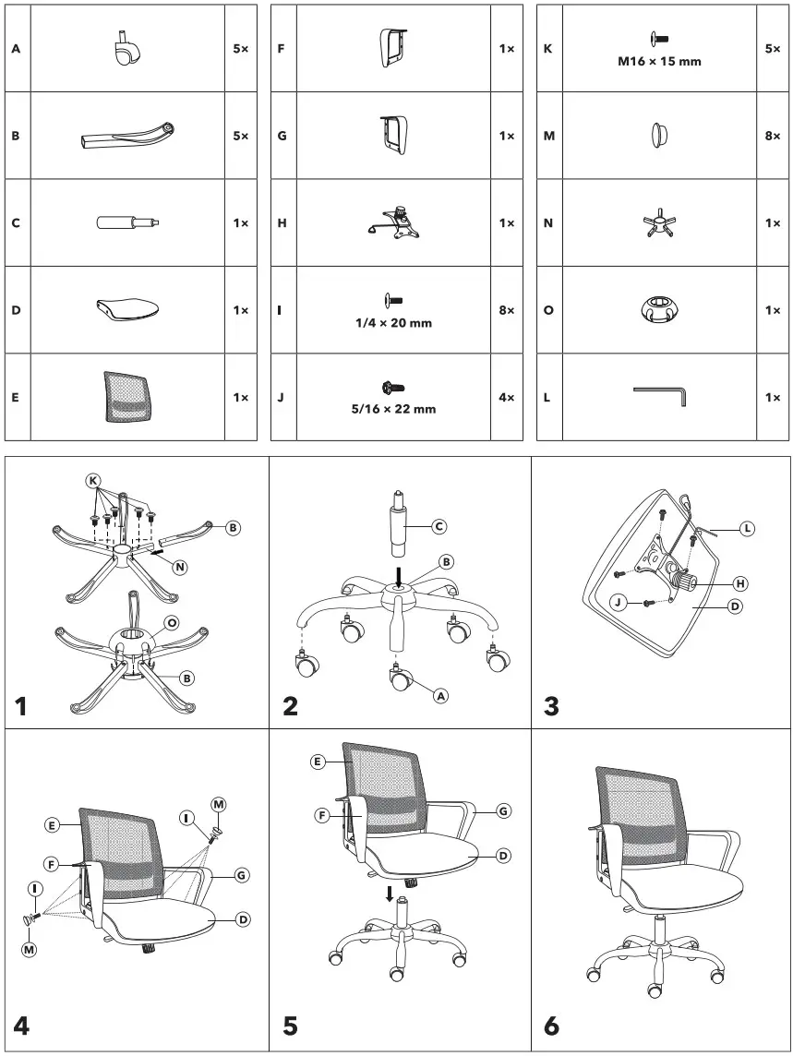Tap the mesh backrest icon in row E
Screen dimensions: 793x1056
pyautogui.click(x=127, y=397)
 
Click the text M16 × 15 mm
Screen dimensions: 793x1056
pyautogui.click(x=659, y=63)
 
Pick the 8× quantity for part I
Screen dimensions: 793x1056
pyautogui.click(x=506, y=310)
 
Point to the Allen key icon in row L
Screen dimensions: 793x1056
pyautogui.click(x=661, y=396)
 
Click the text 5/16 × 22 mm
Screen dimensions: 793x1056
pyautogui.click(x=394, y=409)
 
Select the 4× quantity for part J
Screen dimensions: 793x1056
pyautogui.click(x=506, y=398)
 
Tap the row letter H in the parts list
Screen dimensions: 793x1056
pyautogui.click(x=282, y=222)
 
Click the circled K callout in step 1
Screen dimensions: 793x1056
pyautogui.click(x=92, y=481)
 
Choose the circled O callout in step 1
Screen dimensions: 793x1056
pyautogui.click(x=171, y=622)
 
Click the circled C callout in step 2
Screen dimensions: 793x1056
pyautogui.click(x=439, y=526)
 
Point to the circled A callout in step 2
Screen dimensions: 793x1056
pyautogui.click(x=440, y=696)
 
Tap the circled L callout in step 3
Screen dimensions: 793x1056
pyautogui.click(x=746, y=529)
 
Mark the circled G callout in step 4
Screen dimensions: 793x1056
pyautogui.click(x=240, y=874)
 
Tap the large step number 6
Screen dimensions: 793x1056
pyautogui.click(x=552, y=1025)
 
